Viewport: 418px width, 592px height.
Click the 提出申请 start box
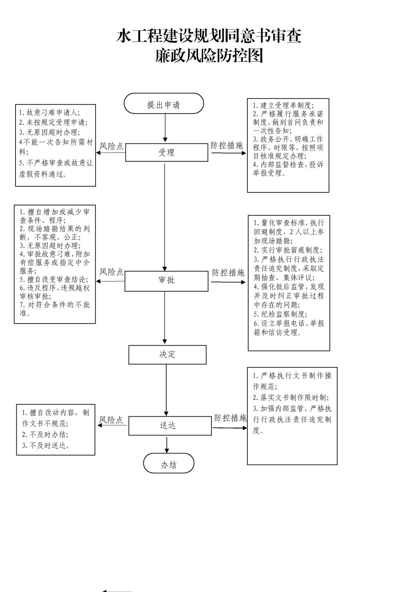[x=164, y=103]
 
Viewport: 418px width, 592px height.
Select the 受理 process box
[x=167, y=152]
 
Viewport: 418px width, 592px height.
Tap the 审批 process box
[x=167, y=281]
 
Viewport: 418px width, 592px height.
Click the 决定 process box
[x=167, y=355]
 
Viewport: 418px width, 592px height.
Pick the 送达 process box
[x=170, y=425]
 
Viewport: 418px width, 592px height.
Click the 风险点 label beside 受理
[x=111, y=146]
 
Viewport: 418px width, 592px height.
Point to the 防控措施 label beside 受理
[x=227, y=145]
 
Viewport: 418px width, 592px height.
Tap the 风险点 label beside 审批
[x=111, y=272]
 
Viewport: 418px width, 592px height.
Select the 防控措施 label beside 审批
[x=228, y=273]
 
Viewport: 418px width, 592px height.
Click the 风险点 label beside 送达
[x=111, y=420]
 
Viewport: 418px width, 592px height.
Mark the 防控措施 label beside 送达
[x=230, y=418]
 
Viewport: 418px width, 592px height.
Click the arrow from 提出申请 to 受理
[x=165, y=128]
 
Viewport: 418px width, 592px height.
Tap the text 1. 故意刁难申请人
[x=49, y=113]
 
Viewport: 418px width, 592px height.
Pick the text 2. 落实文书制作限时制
[x=291, y=398]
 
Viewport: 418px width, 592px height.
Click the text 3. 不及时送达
[x=46, y=446]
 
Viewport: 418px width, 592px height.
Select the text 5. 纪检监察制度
[x=280, y=314]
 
